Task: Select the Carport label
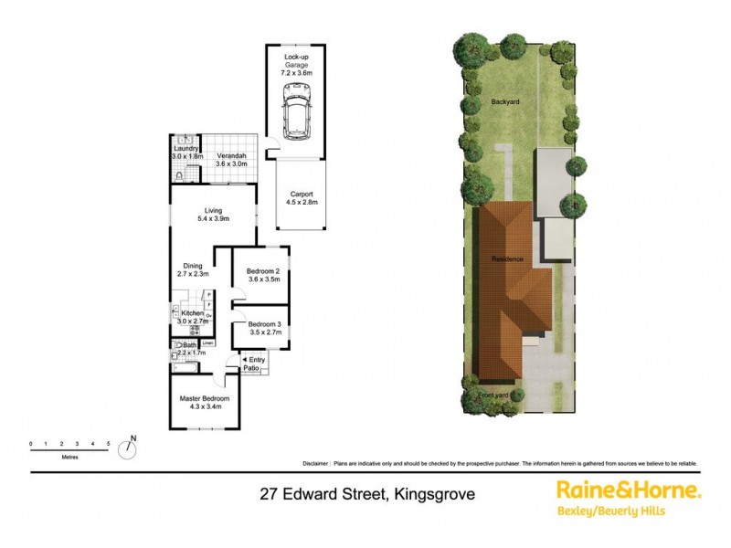(302, 194)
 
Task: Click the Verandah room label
(231, 156)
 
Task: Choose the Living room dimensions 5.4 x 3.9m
(213, 219)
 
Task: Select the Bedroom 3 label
(264, 324)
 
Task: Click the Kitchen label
(193, 313)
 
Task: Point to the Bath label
(190, 344)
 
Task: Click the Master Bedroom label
(204, 399)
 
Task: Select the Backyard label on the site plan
(505, 101)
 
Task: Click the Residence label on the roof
(508, 259)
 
